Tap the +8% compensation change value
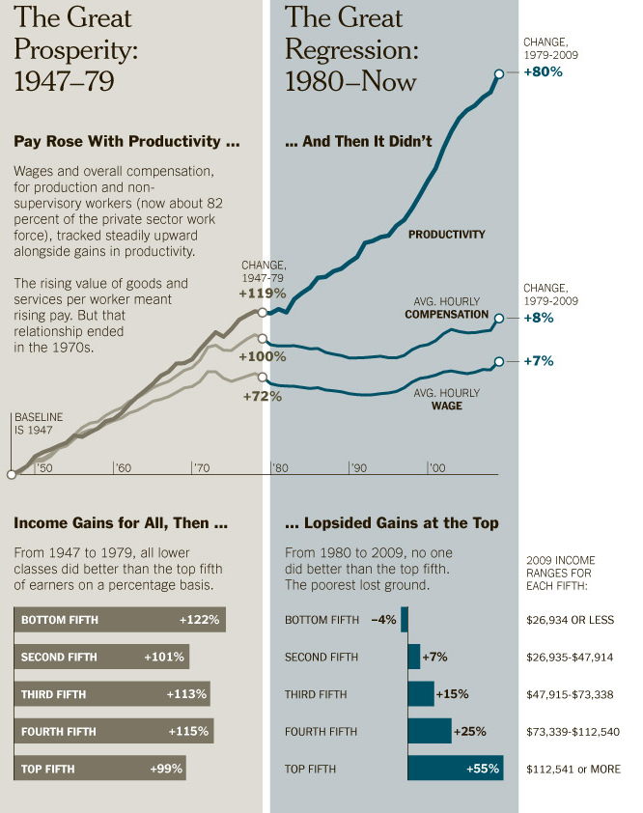click(536, 317)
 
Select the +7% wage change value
click(536, 361)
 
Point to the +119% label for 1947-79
click(264, 293)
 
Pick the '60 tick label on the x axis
click(123, 468)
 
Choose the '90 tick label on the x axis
click(358, 468)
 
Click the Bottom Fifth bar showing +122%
click(120, 619)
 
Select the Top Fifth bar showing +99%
click(99, 769)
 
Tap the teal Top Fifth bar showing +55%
click(456, 769)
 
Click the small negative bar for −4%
click(405, 619)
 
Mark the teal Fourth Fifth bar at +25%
click(430, 731)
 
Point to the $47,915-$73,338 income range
click(570, 694)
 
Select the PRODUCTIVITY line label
click(446, 235)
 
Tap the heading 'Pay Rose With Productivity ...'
click(126, 142)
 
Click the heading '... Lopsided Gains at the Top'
click(391, 523)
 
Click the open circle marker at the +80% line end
click(498, 73)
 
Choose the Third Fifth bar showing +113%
click(112, 694)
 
